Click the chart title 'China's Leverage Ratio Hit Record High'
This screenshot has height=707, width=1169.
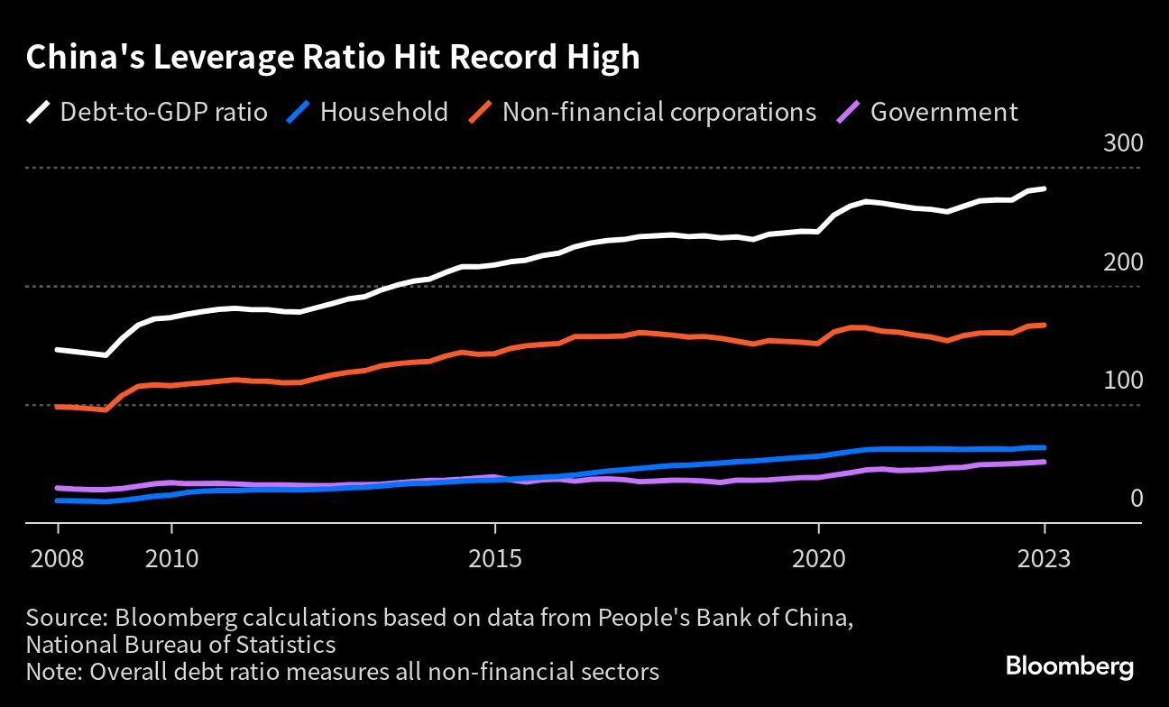coord(333,58)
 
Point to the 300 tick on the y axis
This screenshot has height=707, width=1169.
coord(1122,144)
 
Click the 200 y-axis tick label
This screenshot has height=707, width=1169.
coord(1122,262)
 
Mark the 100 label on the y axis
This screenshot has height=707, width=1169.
coord(1122,381)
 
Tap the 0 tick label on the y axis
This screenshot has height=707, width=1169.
coord(1137,499)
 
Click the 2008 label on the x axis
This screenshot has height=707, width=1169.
coord(58,558)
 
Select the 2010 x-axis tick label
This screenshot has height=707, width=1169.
coord(170,558)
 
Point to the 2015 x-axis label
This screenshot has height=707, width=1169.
coord(494,558)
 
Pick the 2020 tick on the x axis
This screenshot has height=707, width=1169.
coord(818,558)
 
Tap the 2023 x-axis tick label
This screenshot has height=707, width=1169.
coord(1044,558)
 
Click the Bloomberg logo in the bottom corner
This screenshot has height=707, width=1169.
coord(1069,667)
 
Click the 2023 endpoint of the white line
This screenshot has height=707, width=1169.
coord(1045,188)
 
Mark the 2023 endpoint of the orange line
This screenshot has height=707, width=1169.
coord(1045,325)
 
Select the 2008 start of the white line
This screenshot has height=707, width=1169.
coord(58,349)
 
